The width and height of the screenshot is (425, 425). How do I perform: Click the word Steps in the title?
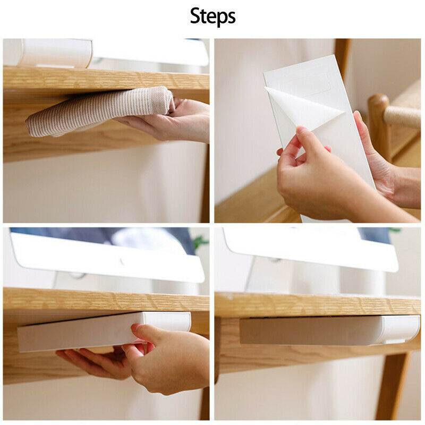(212, 16)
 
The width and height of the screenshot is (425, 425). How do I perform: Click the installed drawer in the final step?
(329, 330)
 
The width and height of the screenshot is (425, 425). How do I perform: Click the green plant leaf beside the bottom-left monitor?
(201, 242)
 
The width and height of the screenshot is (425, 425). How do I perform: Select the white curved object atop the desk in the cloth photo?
(56, 53)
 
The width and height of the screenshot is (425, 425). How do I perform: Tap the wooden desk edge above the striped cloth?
(106, 79)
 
